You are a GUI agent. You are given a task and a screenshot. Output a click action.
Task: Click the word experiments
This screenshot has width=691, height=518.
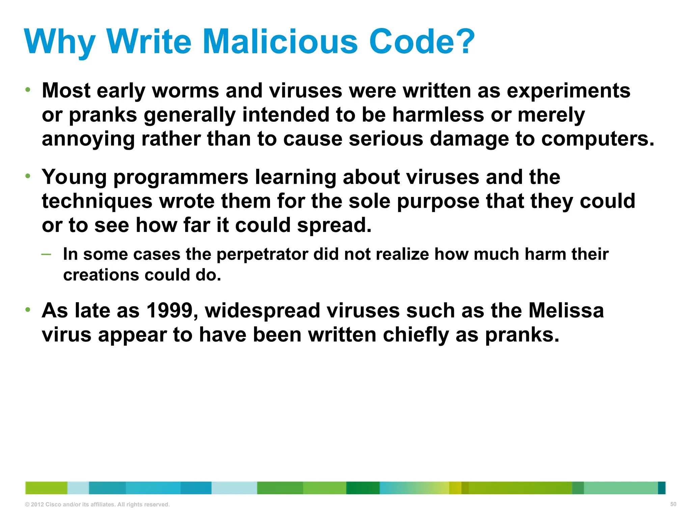[569, 91]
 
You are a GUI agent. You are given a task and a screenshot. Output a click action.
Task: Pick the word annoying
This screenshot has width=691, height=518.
[88, 139]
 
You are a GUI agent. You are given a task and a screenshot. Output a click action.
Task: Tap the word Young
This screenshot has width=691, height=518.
[74, 177]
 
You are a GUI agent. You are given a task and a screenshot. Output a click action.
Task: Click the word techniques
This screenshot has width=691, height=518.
[97, 201]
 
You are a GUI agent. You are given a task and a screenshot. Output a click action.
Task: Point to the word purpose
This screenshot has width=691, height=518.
[438, 201]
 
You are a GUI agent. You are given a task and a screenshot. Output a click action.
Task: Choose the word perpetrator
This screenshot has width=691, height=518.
[262, 254]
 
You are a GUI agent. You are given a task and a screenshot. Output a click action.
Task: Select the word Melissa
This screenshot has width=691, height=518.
[566, 311]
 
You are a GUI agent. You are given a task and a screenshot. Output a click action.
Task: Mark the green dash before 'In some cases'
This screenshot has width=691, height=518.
[47, 254]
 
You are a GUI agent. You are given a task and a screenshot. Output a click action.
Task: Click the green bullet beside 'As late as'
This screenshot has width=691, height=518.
[28, 310]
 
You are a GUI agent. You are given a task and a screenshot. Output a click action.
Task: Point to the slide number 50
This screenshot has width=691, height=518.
[673, 504]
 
